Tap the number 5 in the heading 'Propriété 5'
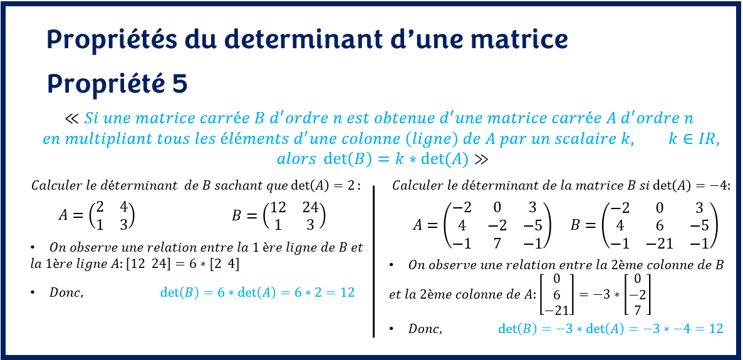(x=180, y=84)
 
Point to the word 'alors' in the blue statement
(x=297, y=159)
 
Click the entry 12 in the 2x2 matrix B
(x=279, y=208)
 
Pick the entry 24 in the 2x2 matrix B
(x=311, y=208)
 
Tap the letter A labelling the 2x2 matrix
(x=63, y=216)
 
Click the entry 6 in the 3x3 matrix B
(x=659, y=225)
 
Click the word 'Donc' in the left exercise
(x=66, y=292)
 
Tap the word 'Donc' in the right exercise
(x=425, y=329)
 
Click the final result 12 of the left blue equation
(x=347, y=292)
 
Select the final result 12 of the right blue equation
(x=715, y=329)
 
